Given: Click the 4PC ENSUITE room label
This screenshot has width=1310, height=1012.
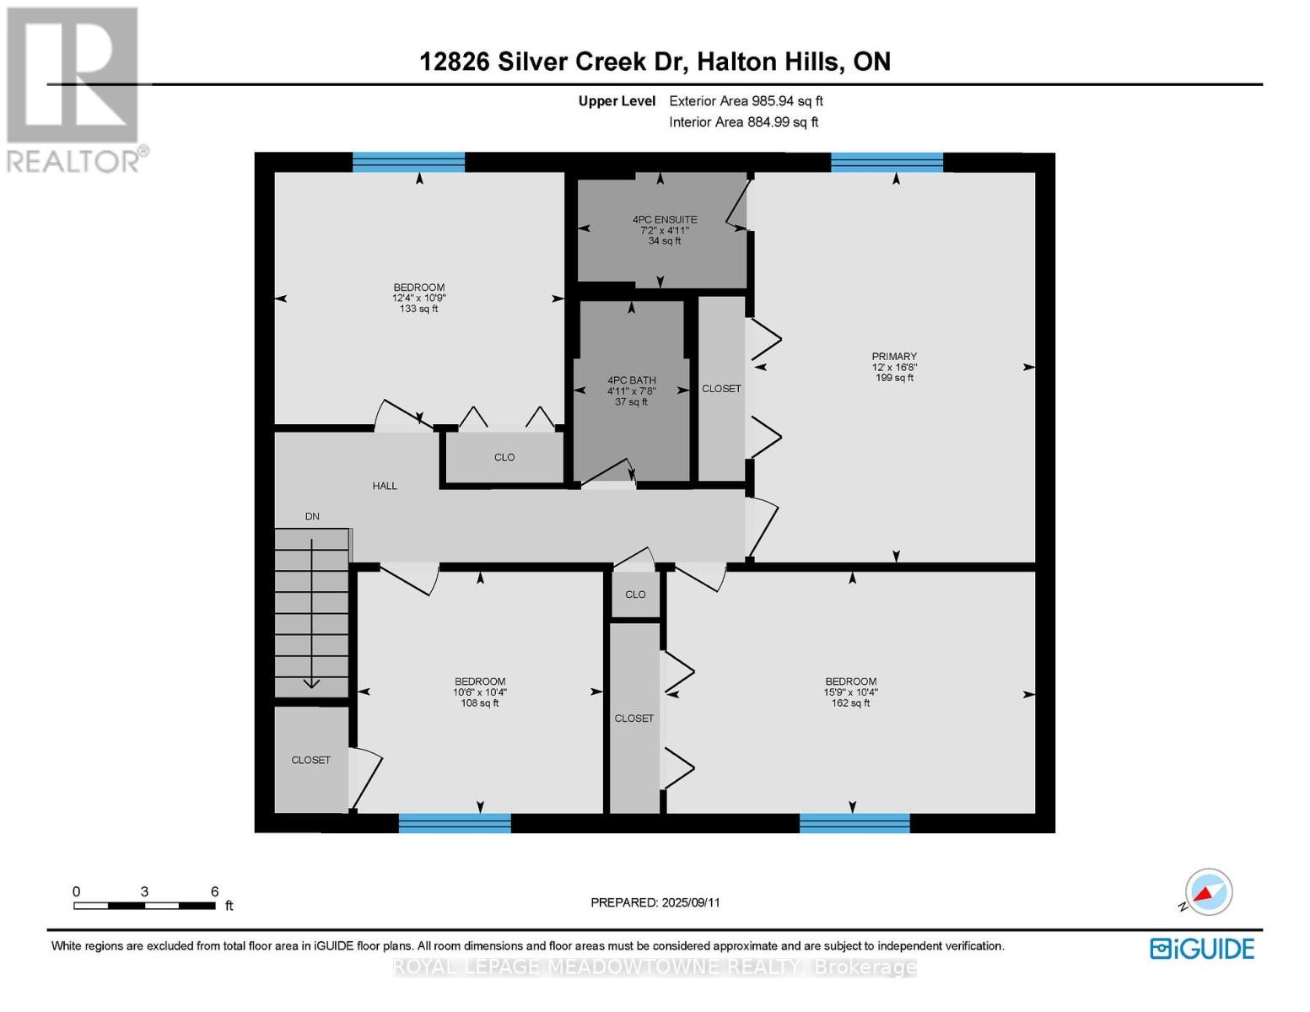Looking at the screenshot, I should tap(665, 219).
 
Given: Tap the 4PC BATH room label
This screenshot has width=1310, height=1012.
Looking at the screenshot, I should tap(631, 380).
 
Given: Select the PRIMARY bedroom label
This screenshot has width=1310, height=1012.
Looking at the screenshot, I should tap(894, 357).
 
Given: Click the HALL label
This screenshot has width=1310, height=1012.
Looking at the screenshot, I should tap(385, 486).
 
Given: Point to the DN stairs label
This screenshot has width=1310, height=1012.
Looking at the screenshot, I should tap(312, 516).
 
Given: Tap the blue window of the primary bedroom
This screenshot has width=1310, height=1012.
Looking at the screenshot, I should tap(887, 163).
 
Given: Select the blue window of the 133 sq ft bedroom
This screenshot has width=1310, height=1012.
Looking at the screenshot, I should tap(408, 162).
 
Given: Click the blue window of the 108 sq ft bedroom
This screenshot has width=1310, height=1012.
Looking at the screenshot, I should tap(455, 823).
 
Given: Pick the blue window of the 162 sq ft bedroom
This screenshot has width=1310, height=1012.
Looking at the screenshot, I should tap(854, 823).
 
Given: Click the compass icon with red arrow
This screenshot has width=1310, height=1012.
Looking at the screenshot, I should tap(1208, 892).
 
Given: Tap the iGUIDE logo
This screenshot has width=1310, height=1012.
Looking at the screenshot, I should tap(1202, 949).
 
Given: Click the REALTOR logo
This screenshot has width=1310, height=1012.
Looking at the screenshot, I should tap(74, 89).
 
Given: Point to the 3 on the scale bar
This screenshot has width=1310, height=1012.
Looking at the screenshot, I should tap(145, 891).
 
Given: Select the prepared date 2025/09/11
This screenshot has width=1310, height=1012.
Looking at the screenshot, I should tap(655, 902).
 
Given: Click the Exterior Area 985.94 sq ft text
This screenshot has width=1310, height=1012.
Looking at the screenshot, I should tap(746, 101).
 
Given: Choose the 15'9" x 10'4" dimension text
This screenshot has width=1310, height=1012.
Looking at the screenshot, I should tap(850, 692).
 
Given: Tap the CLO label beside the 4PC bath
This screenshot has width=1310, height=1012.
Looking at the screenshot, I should tap(504, 457).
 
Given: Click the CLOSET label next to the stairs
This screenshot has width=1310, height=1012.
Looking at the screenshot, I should tap(311, 760).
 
